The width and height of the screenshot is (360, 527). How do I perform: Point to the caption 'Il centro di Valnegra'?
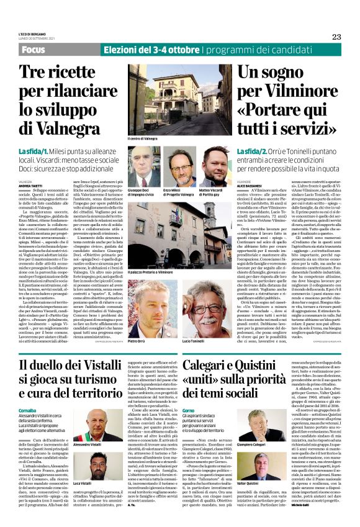click(142, 139)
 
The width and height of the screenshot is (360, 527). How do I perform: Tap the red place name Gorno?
click(190, 394)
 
